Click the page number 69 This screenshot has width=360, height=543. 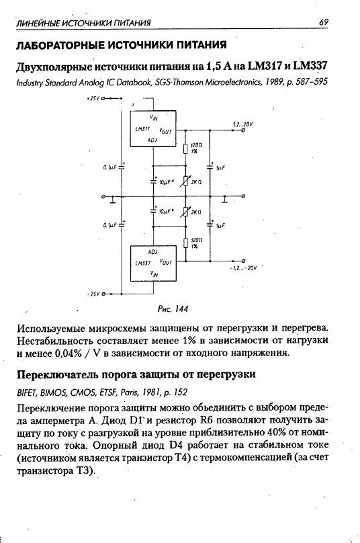323,22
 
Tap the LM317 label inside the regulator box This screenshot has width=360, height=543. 142,129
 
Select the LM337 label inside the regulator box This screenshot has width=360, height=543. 142,263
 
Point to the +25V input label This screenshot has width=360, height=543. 93,98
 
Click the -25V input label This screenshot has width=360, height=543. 93,294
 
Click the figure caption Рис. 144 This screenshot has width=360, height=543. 173,308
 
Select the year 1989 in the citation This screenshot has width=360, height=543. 266,82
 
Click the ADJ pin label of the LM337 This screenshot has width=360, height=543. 152,252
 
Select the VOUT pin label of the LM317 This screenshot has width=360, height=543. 165,131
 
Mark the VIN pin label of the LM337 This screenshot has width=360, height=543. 154,274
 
